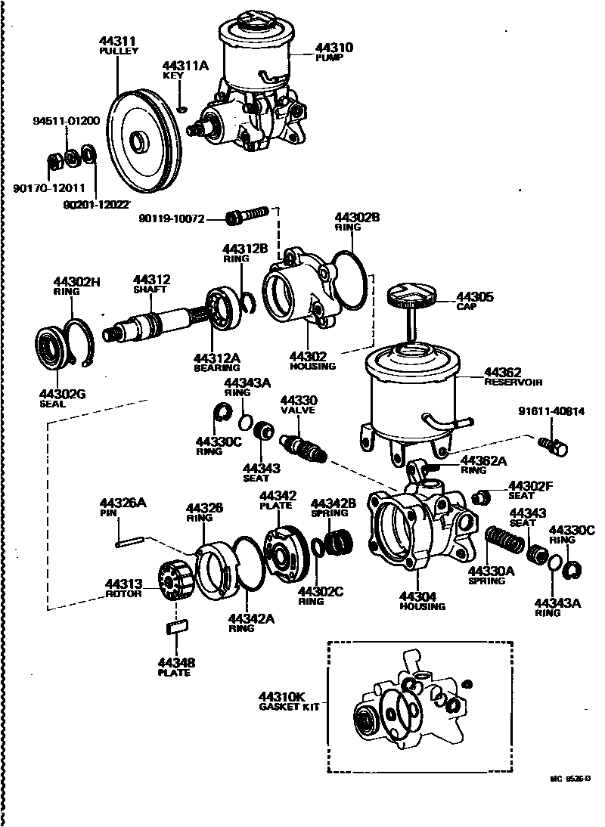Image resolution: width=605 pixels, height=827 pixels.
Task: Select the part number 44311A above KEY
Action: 185,66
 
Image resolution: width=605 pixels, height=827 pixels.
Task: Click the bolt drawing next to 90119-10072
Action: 248,215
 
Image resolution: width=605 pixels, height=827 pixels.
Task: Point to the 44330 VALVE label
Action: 299,404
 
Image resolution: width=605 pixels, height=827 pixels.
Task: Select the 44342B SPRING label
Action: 334,507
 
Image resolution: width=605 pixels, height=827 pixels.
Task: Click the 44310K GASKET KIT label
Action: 281,701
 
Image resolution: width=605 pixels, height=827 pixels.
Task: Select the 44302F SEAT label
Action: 530,490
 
